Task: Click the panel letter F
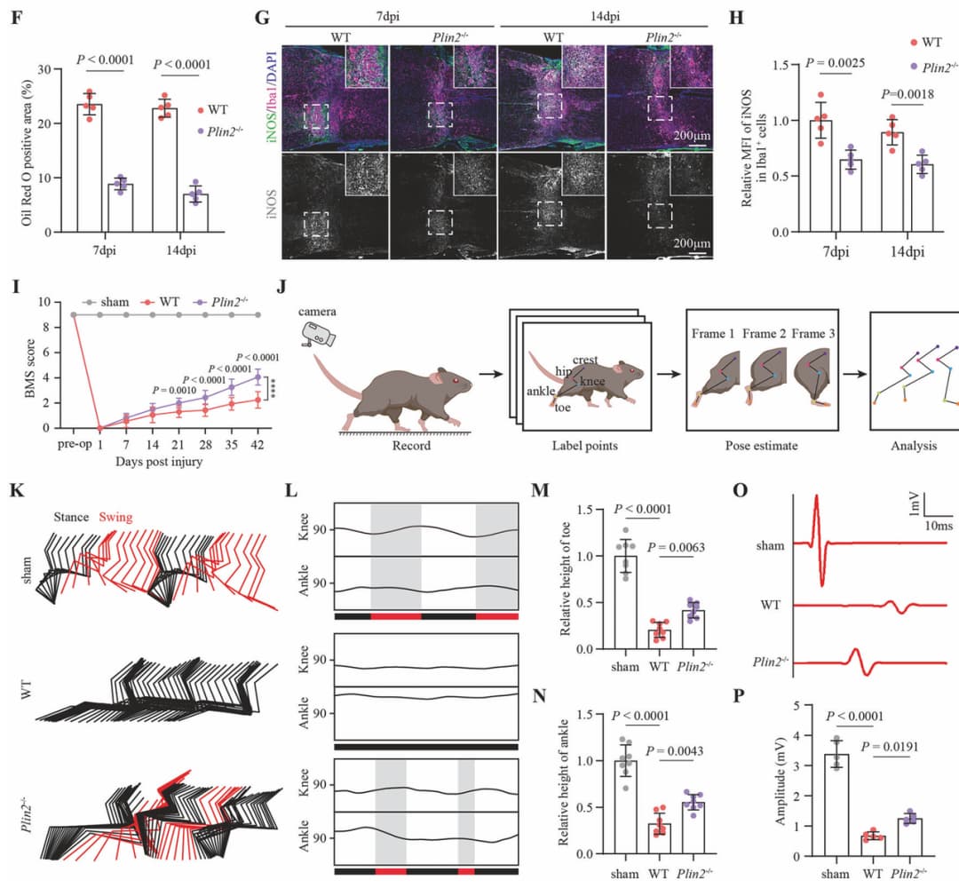tap(17, 17)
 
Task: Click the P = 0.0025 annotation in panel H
tap(835, 63)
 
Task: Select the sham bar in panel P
tap(836, 805)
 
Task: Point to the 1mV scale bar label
tap(915, 503)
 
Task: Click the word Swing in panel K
tap(115, 518)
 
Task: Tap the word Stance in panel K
tap(71, 518)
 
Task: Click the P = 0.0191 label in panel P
tap(889, 747)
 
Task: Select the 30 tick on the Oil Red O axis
tap(44, 69)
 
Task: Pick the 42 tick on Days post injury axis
tap(258, 444)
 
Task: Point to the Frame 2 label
tap(764, 333)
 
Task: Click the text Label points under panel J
tap(584, 445)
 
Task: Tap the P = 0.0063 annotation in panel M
tap(676, 547)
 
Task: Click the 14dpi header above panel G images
tap(605, 17)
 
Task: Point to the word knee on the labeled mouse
tap(592, 382)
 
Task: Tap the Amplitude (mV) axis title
tap(780, 781)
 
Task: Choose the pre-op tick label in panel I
tap(75, 444)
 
